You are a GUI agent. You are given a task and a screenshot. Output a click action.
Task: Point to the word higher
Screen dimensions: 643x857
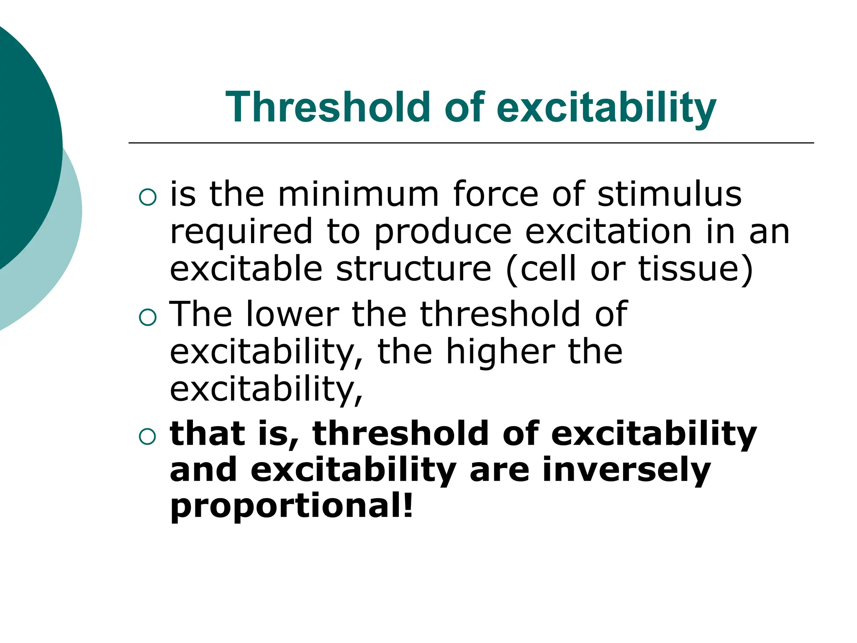500,351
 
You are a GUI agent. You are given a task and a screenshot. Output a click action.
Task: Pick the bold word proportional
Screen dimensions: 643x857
285,506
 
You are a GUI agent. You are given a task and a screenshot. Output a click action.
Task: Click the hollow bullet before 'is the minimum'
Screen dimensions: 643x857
147,197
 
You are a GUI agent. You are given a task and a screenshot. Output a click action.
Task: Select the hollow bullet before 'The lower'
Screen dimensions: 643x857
147,317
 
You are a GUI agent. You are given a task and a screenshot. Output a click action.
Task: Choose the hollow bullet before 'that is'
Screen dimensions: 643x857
147,437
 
